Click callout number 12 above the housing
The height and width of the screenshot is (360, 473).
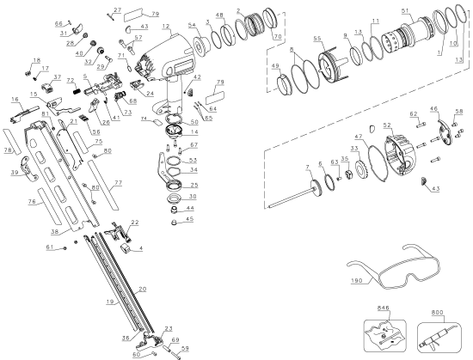[165, 27]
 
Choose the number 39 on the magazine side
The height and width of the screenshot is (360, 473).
[15, 173]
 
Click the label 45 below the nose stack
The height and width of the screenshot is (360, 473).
[189, 218]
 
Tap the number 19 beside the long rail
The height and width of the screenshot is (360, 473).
[110, 302]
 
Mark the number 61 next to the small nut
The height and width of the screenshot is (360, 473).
[50, 247]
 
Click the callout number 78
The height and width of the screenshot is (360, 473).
[8, 150]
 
